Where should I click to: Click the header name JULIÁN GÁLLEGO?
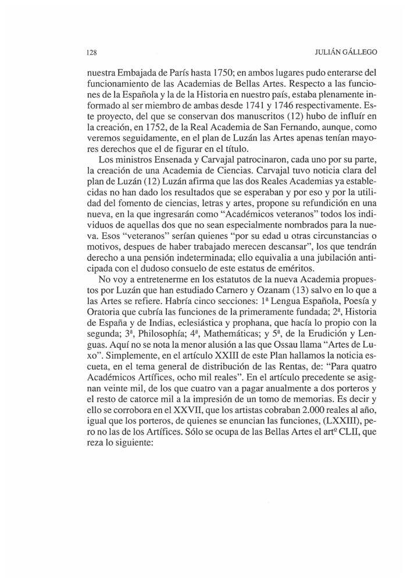pyautogui.click(x=345, y=52)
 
